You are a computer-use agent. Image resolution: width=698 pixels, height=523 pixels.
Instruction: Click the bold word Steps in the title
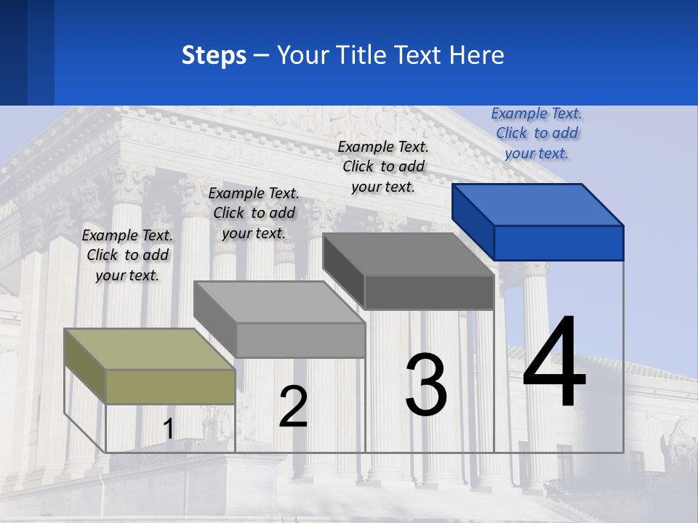[214, 55]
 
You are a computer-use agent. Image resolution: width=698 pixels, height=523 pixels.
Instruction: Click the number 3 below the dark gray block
[426, 385]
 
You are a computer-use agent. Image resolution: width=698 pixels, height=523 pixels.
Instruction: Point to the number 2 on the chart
[293, 407]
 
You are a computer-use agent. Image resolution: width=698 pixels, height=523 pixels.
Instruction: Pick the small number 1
[168, 429]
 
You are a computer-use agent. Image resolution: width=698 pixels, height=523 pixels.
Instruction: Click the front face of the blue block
[558, 243]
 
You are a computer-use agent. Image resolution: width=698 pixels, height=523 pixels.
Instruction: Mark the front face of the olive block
[170, 386]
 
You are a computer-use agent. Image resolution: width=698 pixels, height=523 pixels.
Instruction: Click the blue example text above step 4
[537, 134]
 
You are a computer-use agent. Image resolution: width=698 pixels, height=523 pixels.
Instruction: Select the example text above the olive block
[127, 255]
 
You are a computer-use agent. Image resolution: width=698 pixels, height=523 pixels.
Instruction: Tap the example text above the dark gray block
[383, 166]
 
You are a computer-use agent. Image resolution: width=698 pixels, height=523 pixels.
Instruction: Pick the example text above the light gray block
[254, 213]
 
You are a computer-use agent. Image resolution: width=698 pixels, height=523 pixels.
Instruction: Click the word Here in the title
[477, 55]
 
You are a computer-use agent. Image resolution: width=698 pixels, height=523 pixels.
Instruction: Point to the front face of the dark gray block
[429, 292]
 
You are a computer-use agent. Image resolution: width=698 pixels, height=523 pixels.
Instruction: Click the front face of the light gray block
[300, 340]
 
